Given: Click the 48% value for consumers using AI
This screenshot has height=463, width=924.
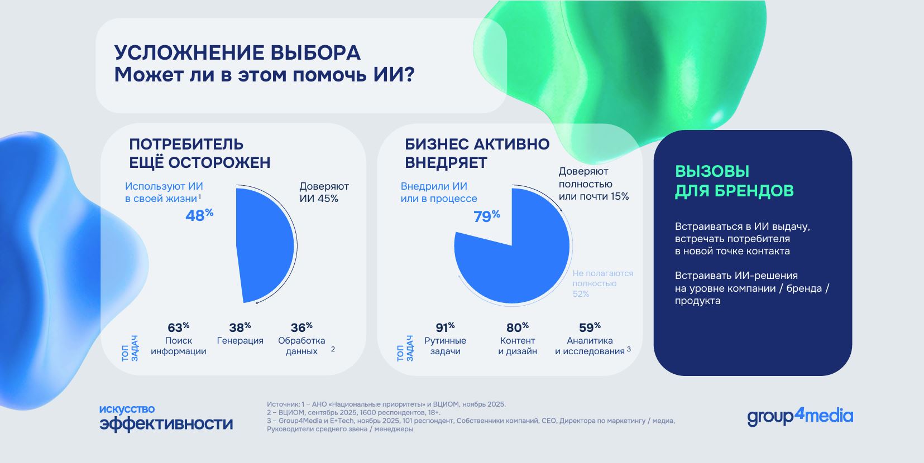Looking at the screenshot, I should click(x=199, y=215).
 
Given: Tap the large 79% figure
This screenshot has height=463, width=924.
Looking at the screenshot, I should click(x=486, y=216).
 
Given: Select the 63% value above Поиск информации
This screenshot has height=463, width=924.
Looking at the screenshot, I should click(x=178, y=327).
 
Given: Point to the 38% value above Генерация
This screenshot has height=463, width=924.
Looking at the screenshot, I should click(x=240, y=327).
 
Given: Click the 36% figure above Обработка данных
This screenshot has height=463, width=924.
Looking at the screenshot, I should click(x=301, y=327).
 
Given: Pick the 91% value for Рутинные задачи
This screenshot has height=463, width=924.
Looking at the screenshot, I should click(x=445, y=327).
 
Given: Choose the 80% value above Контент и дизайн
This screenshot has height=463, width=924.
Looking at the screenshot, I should click(x=517, y=327).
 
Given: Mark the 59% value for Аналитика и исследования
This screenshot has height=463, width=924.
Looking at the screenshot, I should click(x=590, y=327).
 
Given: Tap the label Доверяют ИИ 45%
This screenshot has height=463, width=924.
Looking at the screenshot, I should click(x=324, y=192).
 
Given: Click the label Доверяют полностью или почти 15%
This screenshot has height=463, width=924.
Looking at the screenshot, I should click(x=593, y=184).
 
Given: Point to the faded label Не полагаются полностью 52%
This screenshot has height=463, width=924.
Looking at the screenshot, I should click(x=602, y=283).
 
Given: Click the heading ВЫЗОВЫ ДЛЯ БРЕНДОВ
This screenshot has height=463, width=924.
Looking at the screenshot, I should click(x=734, y=181).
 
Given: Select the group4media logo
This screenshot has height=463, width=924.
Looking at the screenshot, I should click(x=799, y=416).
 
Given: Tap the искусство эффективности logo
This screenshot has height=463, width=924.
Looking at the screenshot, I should click(x=166, y=418).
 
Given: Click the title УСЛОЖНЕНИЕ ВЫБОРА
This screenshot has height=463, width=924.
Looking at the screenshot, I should click(x=237, y=53).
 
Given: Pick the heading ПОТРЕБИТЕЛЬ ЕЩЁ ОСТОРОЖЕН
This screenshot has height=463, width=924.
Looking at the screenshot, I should click(x=199, y=153).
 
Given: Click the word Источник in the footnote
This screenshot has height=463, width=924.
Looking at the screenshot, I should click(x=283, y=404).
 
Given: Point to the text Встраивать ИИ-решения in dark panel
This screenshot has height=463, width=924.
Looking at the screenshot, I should click(x=736, y=276).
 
